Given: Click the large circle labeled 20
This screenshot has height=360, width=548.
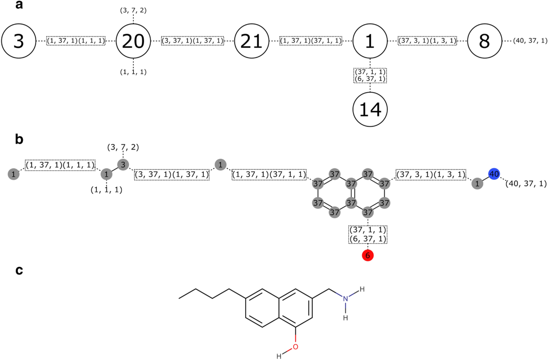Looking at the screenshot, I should point(133,41).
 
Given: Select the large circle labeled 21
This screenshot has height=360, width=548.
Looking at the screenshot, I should point(252,41).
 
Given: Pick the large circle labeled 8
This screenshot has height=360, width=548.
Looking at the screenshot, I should point(484,41).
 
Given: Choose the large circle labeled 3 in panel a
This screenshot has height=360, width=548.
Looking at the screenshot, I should point(18,41).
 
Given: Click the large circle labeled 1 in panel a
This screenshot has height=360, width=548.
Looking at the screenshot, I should point(370,41).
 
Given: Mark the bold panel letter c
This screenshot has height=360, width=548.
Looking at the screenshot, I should point(19,271).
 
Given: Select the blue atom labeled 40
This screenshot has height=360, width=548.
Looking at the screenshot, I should point(494,174).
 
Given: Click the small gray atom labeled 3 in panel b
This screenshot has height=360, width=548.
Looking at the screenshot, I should point(122,164).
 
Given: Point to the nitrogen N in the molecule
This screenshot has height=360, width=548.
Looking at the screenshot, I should point(346,298).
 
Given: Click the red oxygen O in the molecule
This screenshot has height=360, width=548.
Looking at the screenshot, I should point(295,347).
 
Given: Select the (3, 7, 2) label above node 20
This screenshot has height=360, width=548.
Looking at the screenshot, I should point(133,9).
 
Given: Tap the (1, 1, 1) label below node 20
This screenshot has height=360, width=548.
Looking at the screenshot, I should point(133,72).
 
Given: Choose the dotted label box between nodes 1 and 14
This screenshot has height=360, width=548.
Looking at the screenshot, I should point(370,75).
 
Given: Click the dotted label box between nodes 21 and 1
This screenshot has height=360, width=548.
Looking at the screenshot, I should point(311,41).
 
